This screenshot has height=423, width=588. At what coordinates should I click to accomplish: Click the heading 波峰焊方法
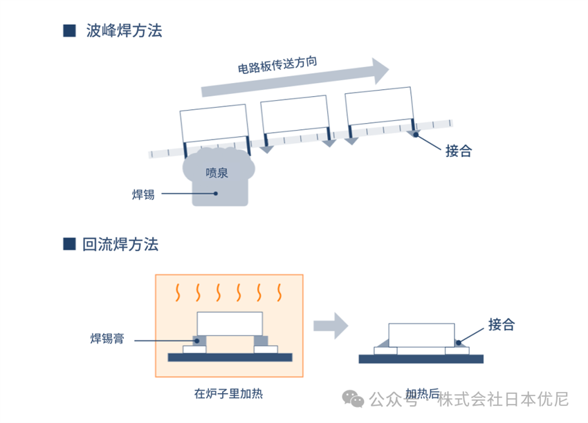pos(124,31)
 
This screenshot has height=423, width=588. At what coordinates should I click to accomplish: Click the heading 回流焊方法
pos(120,244)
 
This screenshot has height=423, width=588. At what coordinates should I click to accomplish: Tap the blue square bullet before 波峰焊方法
pos(69,31)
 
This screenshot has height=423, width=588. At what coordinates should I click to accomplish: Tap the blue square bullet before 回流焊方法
pos(69,244)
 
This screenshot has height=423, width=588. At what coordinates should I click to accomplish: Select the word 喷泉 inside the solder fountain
pos(217,173)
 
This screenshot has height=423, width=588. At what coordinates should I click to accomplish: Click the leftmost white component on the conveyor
pos(214,122)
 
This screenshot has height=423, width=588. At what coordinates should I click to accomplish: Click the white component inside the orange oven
pos(230,323)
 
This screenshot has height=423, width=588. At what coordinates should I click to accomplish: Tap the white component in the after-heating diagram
pos(421,335)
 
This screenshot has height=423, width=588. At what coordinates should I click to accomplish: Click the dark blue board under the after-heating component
pos(421,359)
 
